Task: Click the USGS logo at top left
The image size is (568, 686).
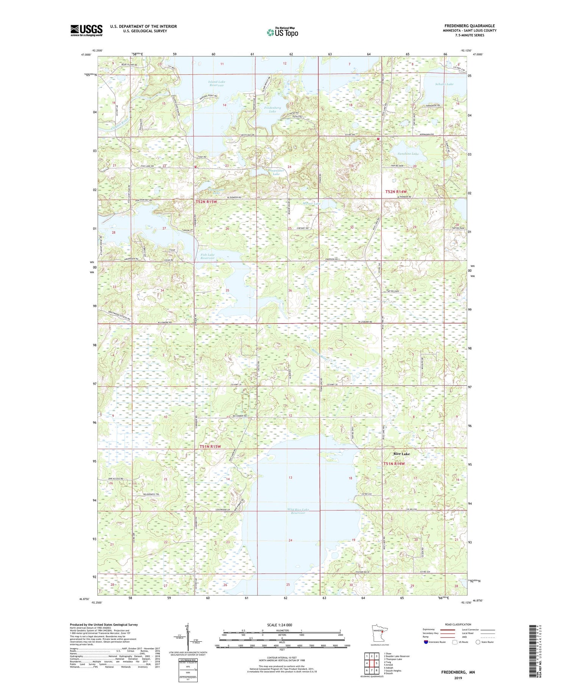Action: [86, 30]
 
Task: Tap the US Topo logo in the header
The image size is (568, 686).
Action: [282, 32]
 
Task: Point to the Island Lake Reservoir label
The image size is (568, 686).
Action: [216, 83]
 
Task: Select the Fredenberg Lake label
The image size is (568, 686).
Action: [272, 109]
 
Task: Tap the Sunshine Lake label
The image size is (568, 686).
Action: [408, 154]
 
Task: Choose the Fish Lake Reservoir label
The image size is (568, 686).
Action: [207, 256]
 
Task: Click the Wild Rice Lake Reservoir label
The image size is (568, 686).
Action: [298, 511]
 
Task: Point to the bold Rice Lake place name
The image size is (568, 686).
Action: [401, 453]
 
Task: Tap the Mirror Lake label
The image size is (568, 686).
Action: [312, 204]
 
